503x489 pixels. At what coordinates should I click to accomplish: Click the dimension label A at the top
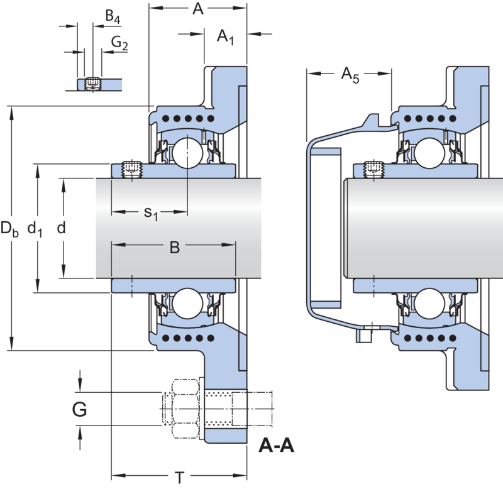click(x=198, y=9)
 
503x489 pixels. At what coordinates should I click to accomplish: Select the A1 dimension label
click(x=225, y=36)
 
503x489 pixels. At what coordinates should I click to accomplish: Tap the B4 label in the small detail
click(x=113, y=16)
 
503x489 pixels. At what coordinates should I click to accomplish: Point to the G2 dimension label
click(x=119, y=43)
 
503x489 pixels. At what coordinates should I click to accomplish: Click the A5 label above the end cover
click(x=350, y=75)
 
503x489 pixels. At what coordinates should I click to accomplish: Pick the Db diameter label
click(x=9, y=229)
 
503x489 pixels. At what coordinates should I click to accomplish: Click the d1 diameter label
click(x=35, y=229)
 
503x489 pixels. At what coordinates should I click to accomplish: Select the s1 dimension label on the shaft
click(x=151, y=213)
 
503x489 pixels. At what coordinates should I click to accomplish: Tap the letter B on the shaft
click(x=175, y=247)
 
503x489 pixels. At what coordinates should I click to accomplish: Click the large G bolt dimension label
click(x=79, y=409)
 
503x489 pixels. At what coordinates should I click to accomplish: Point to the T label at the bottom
click(x=180, y=478)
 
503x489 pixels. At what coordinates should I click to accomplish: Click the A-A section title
click(x=276, y=445)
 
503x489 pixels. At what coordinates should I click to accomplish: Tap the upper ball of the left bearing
click(x=187, y=153)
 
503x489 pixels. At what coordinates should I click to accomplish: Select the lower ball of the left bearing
click(x=187, y=304)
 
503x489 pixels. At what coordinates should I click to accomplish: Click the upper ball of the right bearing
click(x=429, y=153)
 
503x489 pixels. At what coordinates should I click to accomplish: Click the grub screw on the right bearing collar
click(x=373, y=169)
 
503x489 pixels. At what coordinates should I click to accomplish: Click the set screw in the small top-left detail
click(x=92, y=84)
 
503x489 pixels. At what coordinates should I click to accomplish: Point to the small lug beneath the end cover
click(x=365, y=335)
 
